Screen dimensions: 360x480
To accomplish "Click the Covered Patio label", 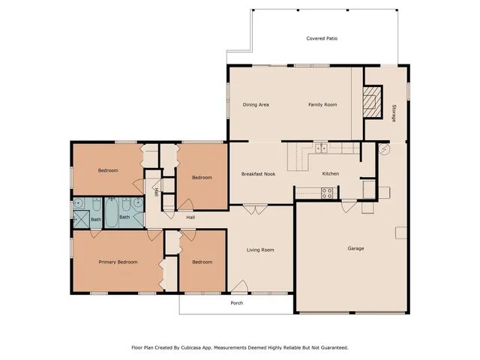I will click(x=321, y=38).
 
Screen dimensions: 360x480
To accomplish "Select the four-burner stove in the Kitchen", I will click(x=327, y=193).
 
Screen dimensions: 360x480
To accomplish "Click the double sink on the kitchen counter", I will click(x=321, y=148).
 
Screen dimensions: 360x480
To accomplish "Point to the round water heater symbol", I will click(x=385, y=148).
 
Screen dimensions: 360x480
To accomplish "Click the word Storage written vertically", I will click(x=394, y=113).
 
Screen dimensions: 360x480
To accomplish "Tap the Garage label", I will click(x=355, y=248).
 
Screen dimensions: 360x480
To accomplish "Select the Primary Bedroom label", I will click(x=118, y=262).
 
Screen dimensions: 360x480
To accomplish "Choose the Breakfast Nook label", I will click(x=258, y=174).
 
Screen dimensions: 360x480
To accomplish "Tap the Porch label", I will click(x=236, y=304).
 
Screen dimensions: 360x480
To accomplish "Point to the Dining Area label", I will click(x=256, y=104).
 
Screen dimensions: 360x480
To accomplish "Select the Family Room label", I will click(x=322, y=104).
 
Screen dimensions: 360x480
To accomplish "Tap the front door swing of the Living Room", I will click(x=240, y=286).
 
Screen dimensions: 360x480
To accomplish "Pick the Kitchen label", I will click(x=331, y=174).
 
